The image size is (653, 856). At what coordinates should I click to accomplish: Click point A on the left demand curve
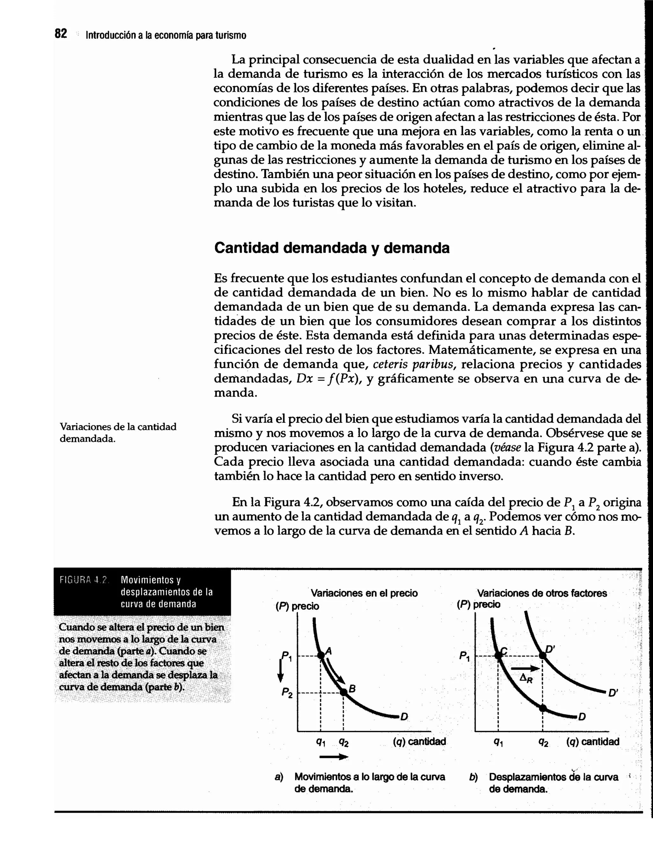321,656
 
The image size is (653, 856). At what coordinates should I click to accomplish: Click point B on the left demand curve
344,692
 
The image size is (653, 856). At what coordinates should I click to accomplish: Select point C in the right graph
499,656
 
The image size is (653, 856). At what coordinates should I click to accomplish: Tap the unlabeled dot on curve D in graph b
543,708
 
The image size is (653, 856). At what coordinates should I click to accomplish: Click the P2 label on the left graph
287,692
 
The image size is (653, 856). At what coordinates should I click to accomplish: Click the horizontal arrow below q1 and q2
334,757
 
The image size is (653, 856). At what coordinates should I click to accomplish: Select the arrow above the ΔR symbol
525,668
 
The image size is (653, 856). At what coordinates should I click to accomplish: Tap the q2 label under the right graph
543,742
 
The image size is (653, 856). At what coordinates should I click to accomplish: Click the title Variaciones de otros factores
542,593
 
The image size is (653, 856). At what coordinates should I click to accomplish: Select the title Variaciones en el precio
364,593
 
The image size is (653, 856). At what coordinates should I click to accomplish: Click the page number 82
61,34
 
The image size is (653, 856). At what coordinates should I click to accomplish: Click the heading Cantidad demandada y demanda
332,248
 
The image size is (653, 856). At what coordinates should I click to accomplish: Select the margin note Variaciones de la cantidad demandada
118,432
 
